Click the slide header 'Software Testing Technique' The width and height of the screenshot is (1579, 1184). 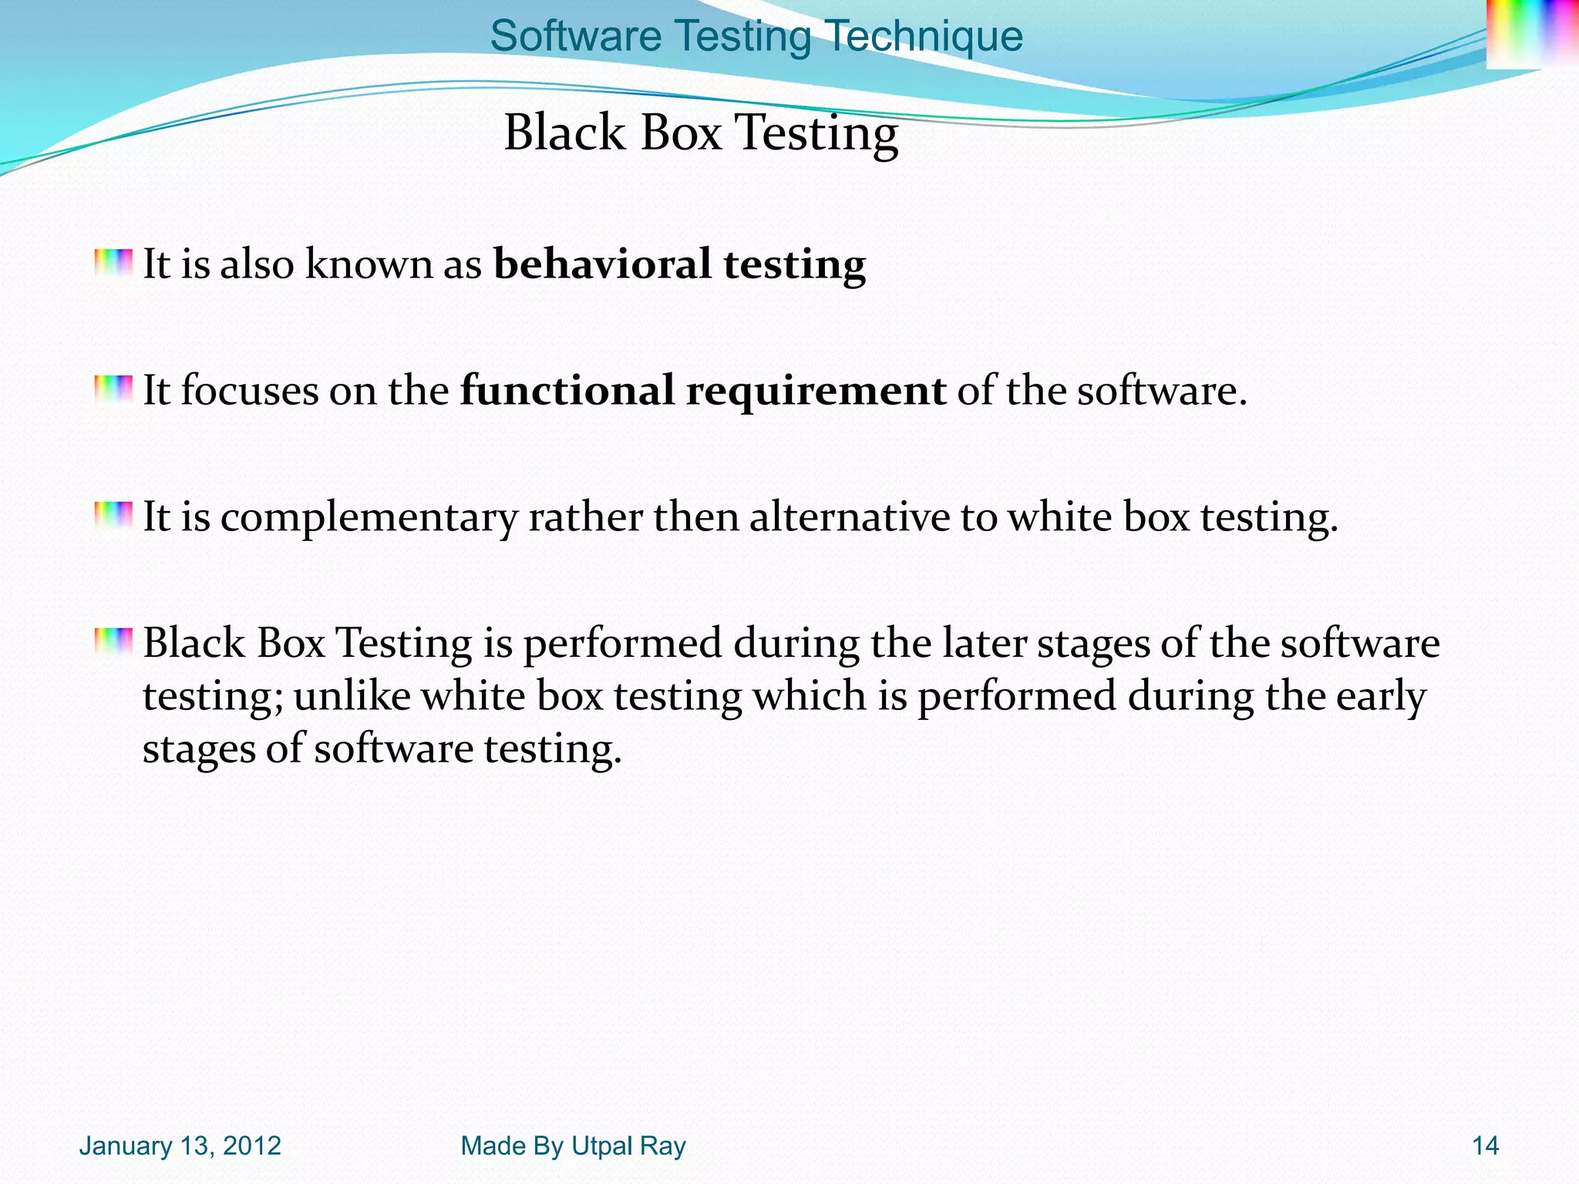pos(756,36)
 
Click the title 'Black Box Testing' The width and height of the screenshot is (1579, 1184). pos(701,133)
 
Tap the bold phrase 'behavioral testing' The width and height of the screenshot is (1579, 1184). pos(679,264)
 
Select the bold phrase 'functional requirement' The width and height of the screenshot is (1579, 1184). pos(702,390)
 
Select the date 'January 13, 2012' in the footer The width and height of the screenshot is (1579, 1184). pos(180,1146)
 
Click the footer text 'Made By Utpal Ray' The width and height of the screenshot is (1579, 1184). pos(573,1146)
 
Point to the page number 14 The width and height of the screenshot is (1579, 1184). pos(1485,1146)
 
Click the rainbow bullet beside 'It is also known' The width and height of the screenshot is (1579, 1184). pos(113,262)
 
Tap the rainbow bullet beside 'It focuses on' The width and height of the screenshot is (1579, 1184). pos(113,388)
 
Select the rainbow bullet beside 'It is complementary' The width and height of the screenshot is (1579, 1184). pos(113,515)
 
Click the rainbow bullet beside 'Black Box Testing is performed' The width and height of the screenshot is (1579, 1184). pos(113,641)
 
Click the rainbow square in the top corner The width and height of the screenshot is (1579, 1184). pos(1531,33)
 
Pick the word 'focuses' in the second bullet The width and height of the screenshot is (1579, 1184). pos(249,390)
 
